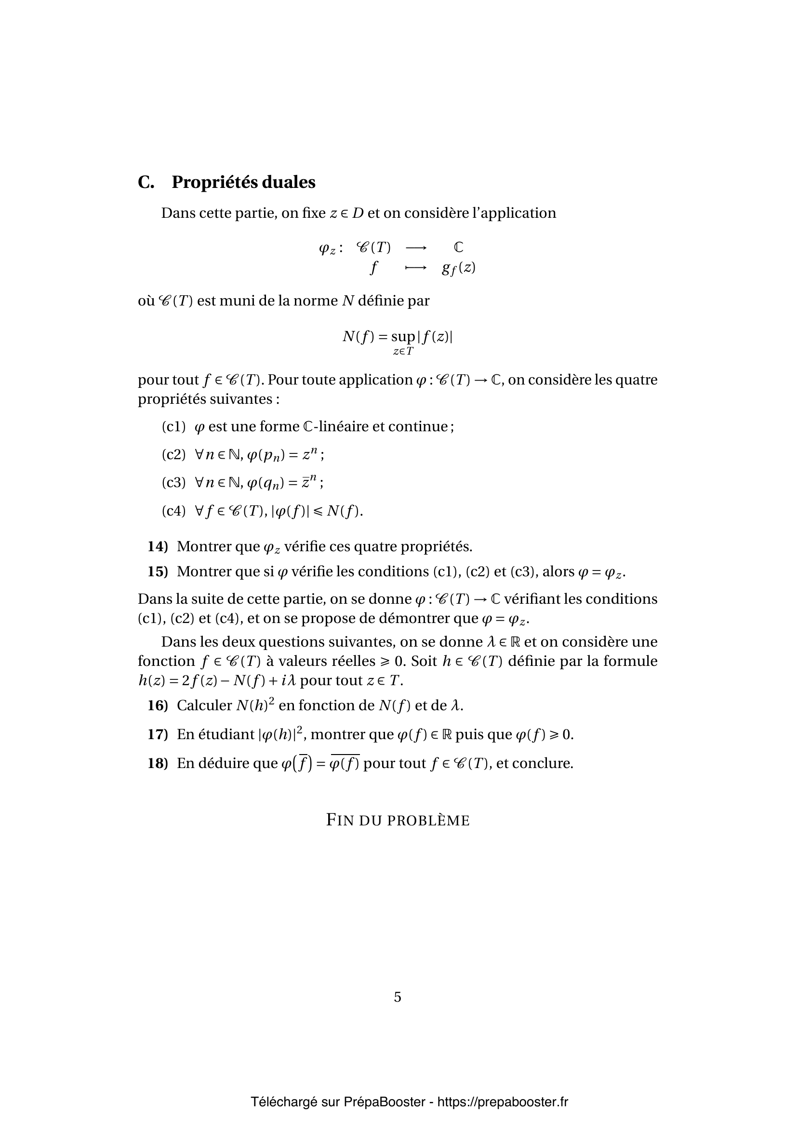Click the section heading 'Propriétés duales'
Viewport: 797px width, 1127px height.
pyautogui.click(x=243, y=182)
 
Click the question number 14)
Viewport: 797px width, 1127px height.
pyautogui.click(x=158, y=546)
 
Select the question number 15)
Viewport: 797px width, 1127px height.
pyautogui.click(x=158, y=571)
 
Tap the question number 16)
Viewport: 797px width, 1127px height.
pyautogui.click(x=158, y=705)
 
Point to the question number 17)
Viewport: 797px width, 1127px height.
pyautogui.click(x=158, y=734)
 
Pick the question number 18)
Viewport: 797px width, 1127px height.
pyautogui.click(x=158, y=763)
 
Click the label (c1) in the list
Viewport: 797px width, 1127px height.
pyautogui.click(x=173, y=426)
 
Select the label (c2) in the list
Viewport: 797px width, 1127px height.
pyautogui.click(x=173, y=454)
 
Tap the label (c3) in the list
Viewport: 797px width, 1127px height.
pyautogui.click(x=173, y=482)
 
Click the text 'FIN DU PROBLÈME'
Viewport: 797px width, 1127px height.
pyautogui.click(x=398, y=820)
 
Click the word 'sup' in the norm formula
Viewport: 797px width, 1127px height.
pyautogui.click(x=402, y=337)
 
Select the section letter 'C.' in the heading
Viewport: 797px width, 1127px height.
pyautogui.click(x=146, y=182)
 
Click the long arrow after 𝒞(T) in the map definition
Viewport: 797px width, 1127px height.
pyautogui.click(x=416, y=248)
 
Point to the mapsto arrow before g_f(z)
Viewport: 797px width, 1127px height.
pyautogui.click(x=416, y=268)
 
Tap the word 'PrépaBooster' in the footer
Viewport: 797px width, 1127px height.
pyautogui.click(x=384, y=1102)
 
